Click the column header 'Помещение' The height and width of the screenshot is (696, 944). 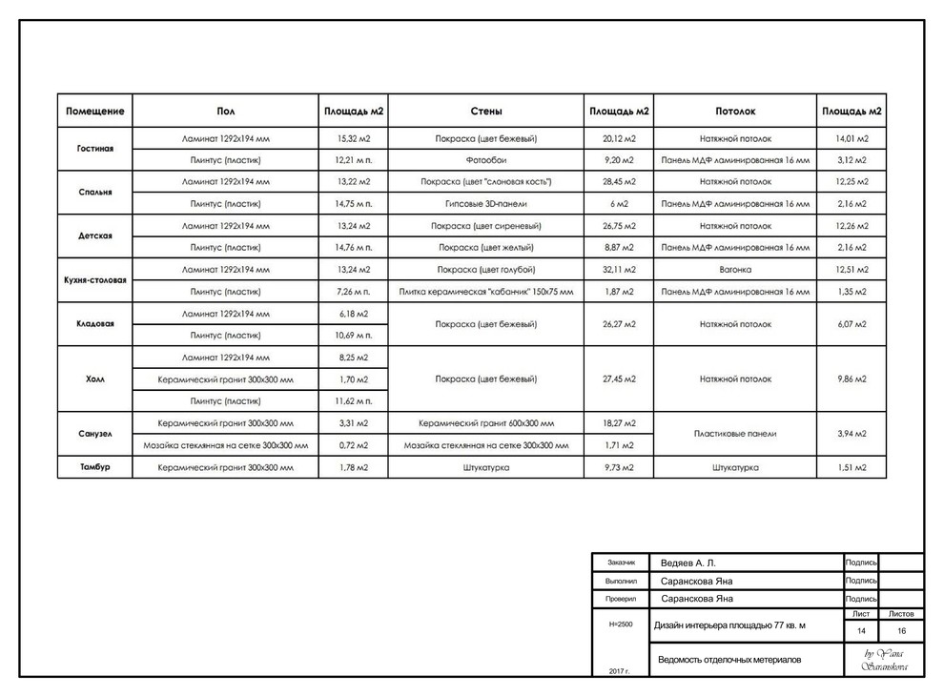click(x=94, y=112)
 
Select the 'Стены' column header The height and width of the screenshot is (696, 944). click(x=486, y=112)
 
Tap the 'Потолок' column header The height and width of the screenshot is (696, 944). click(x=735, y=112)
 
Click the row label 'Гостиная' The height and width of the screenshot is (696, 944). click(x=94, y=149)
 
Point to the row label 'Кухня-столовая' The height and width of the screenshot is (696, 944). click(x=94, y=280)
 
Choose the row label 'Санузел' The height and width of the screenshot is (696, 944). click(x=94, y=433)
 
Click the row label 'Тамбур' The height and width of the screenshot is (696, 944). click(x=94, y=467)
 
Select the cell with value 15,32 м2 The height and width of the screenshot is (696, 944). click(x=353, y=139)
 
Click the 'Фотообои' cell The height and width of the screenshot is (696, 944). click(x=486, y=160)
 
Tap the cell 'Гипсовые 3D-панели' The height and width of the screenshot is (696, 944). click(x=486, y=204)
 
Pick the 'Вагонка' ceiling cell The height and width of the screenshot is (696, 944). click(x=735, y=270)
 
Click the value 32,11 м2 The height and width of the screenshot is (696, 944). click(x=619, y=270)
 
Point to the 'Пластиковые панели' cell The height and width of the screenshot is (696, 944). click(x=735, y=434)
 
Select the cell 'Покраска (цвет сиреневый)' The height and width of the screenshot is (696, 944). click(x=486, y=226)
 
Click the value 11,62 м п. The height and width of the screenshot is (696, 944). click(x=353, y=401)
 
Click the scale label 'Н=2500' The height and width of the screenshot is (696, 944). click(x=620, y=624)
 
